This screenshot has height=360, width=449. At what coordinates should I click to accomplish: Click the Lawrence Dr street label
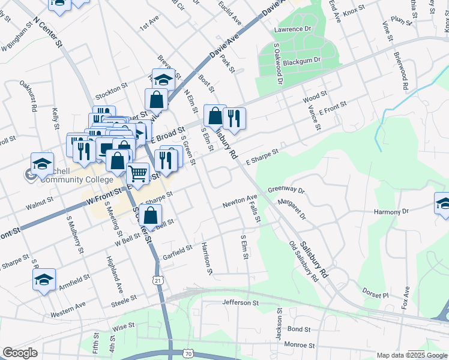click(293, 29)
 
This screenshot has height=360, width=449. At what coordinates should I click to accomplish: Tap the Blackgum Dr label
click(302, 61)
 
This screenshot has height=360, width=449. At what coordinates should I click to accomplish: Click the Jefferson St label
click(240, 303)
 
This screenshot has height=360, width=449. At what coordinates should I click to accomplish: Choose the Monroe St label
click(299, 345)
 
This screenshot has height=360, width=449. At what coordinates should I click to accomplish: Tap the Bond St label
click(298, 329)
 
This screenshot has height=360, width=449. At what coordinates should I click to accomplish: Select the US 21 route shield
click(157, 280)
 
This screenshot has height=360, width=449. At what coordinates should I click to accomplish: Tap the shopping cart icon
click(138, 174)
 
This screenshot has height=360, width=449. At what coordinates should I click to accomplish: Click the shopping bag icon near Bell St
click(151, 215)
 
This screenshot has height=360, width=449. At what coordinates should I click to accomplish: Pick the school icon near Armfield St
click(44, 280)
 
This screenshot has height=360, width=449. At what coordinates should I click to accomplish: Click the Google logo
click(20, 353)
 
